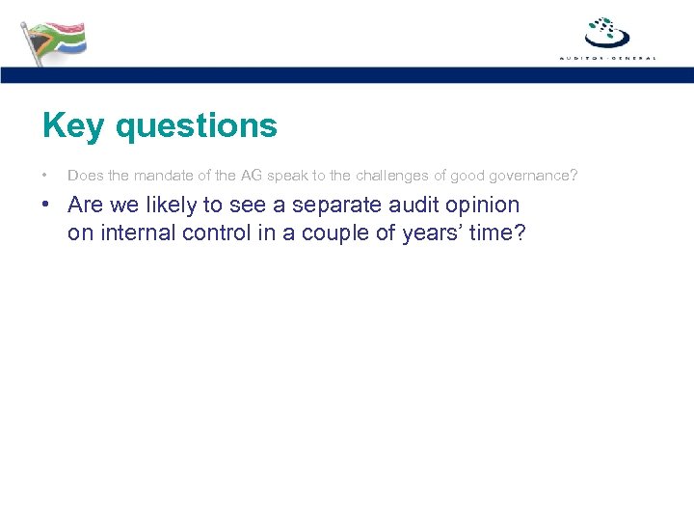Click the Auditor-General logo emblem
[607, 33]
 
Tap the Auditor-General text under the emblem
[607, 58]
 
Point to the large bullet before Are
[46, 206]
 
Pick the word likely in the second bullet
[172, 206]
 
